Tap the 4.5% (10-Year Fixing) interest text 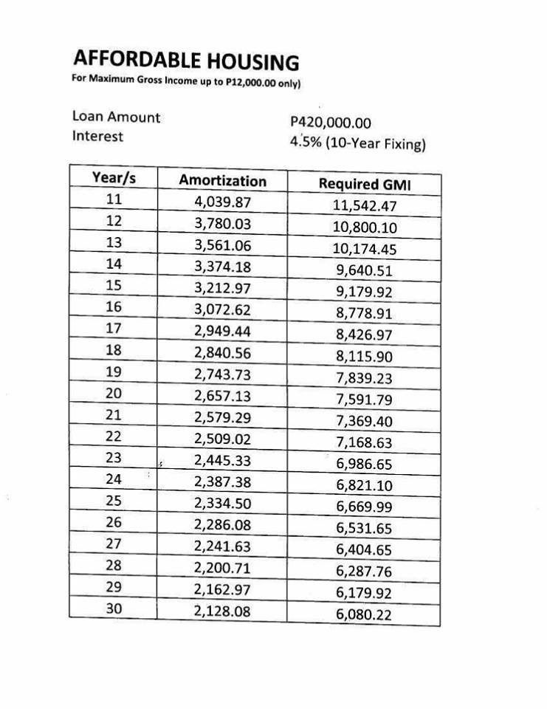(359, 143)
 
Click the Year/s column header (114, 178)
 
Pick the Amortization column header (222, 180)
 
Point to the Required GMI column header (359, 184)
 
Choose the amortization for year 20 (222, 396)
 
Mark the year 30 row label (114, 609)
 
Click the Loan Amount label (116, 117)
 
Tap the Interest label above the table (97, 136)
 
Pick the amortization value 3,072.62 (222, 309)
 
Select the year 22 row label (114, 436)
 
